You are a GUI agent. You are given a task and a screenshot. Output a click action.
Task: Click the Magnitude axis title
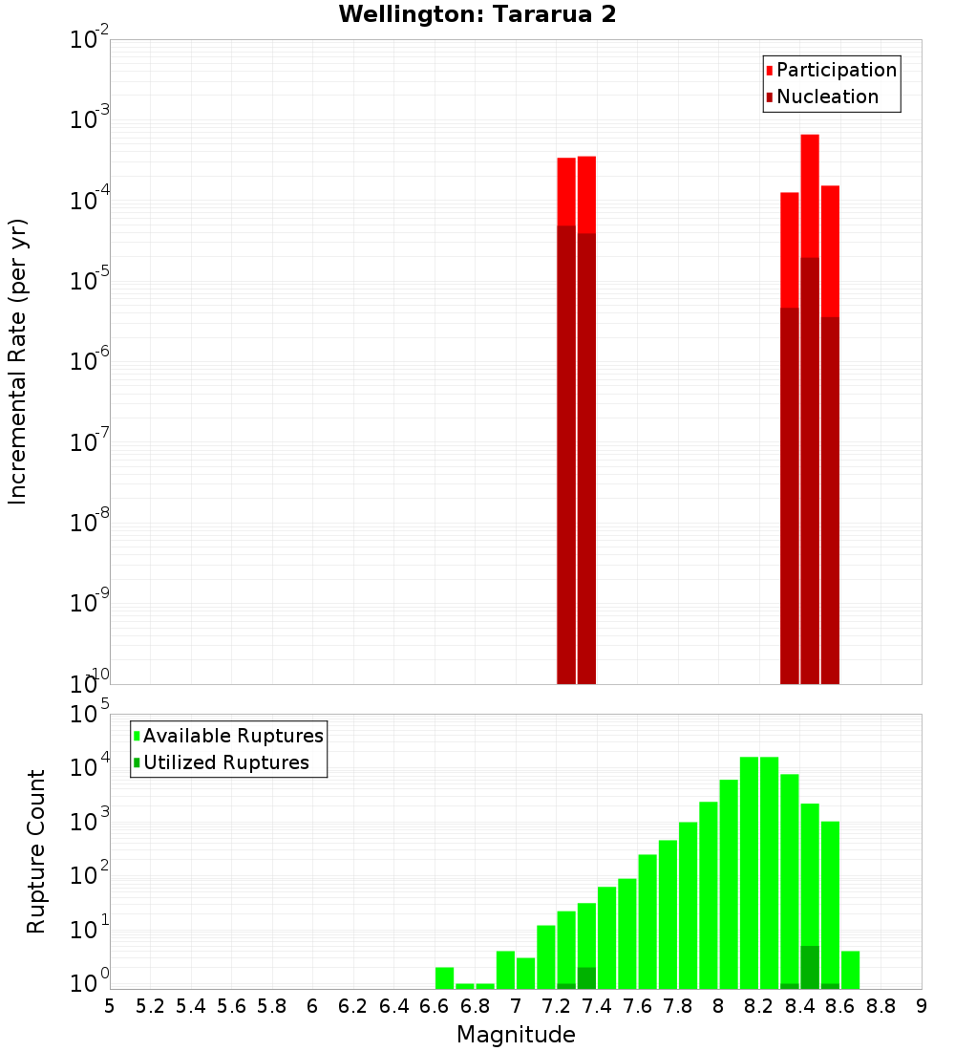[516, 1035]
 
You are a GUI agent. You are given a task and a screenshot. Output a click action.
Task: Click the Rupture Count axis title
[36, 851]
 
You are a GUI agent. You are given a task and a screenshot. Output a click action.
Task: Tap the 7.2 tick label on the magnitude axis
[556, 1006]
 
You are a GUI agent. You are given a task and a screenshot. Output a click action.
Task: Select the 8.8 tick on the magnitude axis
[881, 1006]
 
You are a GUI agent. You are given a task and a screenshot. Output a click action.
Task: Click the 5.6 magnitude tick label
[231, 1006]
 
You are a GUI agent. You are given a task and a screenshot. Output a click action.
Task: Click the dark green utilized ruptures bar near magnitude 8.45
[810, 967]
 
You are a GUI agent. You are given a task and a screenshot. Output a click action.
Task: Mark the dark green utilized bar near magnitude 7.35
[586, 978]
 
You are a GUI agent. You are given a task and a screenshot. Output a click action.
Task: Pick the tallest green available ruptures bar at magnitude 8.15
[749, 860]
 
